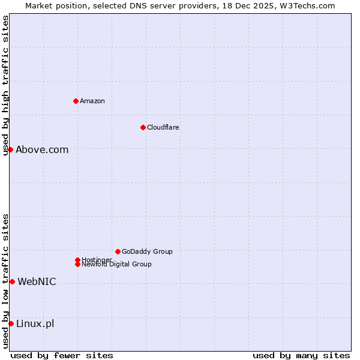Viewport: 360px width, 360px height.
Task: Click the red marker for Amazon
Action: pos(76,101)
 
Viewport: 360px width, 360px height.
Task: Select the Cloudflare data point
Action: pos(143,127)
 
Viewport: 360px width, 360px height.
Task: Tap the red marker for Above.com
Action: pos(11,149)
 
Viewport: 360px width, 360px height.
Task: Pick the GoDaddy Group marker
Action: pos(118,251)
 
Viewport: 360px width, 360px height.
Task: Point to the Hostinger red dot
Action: pos(77,260)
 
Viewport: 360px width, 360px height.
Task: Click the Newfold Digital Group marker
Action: pos(77,264)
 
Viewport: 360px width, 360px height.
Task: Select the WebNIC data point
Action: pos(12,281)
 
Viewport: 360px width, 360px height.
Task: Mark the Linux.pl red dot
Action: pos(11,324)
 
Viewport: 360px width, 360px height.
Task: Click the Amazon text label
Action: pos(92,101)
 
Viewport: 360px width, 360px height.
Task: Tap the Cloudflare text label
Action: pos(163,127)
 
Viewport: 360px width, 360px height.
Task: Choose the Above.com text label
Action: pos(42,149)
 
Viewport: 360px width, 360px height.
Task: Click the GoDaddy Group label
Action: pos(147,251)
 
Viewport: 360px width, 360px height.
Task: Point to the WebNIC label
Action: pos(37,281)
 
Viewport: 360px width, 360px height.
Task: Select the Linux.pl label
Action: pos(35,324)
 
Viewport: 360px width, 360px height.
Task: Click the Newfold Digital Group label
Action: pos(116,264)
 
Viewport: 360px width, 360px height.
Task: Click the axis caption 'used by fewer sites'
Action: pos(62,355)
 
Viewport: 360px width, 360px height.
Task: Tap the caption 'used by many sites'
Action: pos(301,355)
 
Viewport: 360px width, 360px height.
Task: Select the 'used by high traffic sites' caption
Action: pos(5,85)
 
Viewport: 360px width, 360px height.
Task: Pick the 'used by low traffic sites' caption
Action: pos(5,281)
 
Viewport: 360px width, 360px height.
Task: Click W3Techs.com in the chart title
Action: pos(310,5)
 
